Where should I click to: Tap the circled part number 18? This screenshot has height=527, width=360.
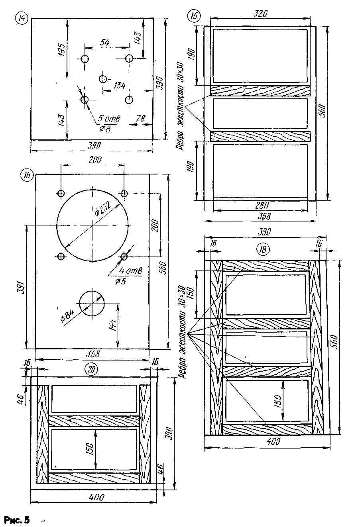[263, 250]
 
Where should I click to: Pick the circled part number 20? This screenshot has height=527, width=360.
[92, 370]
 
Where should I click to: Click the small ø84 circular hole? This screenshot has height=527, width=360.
[92, 303]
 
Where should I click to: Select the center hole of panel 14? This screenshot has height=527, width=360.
[103, 78]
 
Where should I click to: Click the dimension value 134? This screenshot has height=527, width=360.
[120, 85]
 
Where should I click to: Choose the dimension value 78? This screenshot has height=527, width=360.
[141, 118]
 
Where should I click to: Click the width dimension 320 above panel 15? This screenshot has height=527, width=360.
[260, 13]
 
